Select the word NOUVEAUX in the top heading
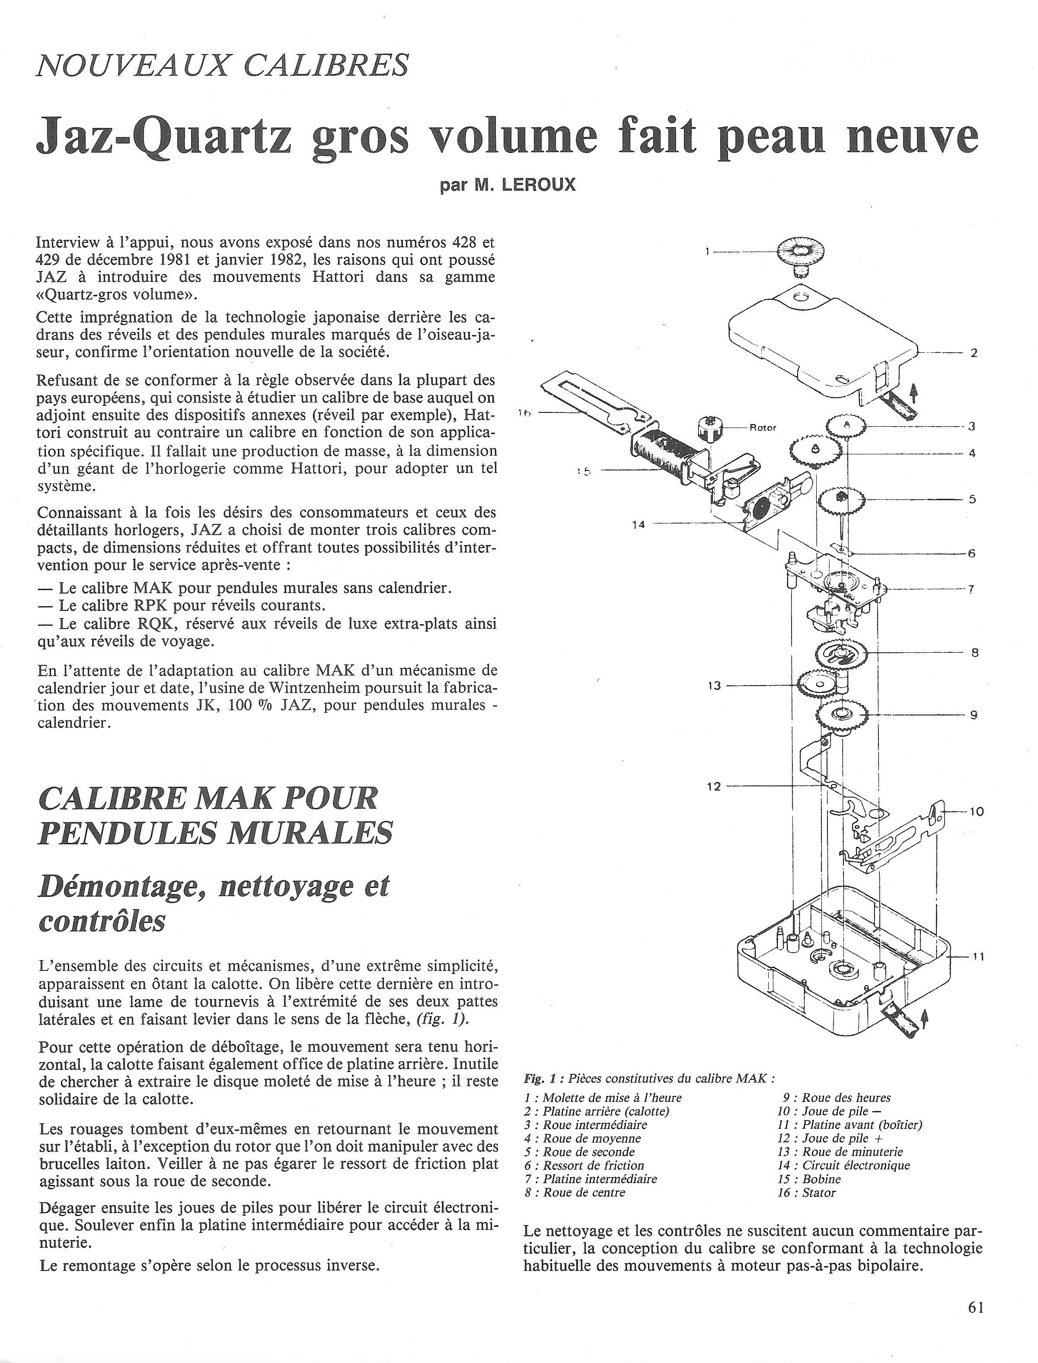pos(135,65)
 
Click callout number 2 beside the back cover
pos(973,354)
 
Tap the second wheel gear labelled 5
pos(841,498)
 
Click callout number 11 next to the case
pos(977,957)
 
